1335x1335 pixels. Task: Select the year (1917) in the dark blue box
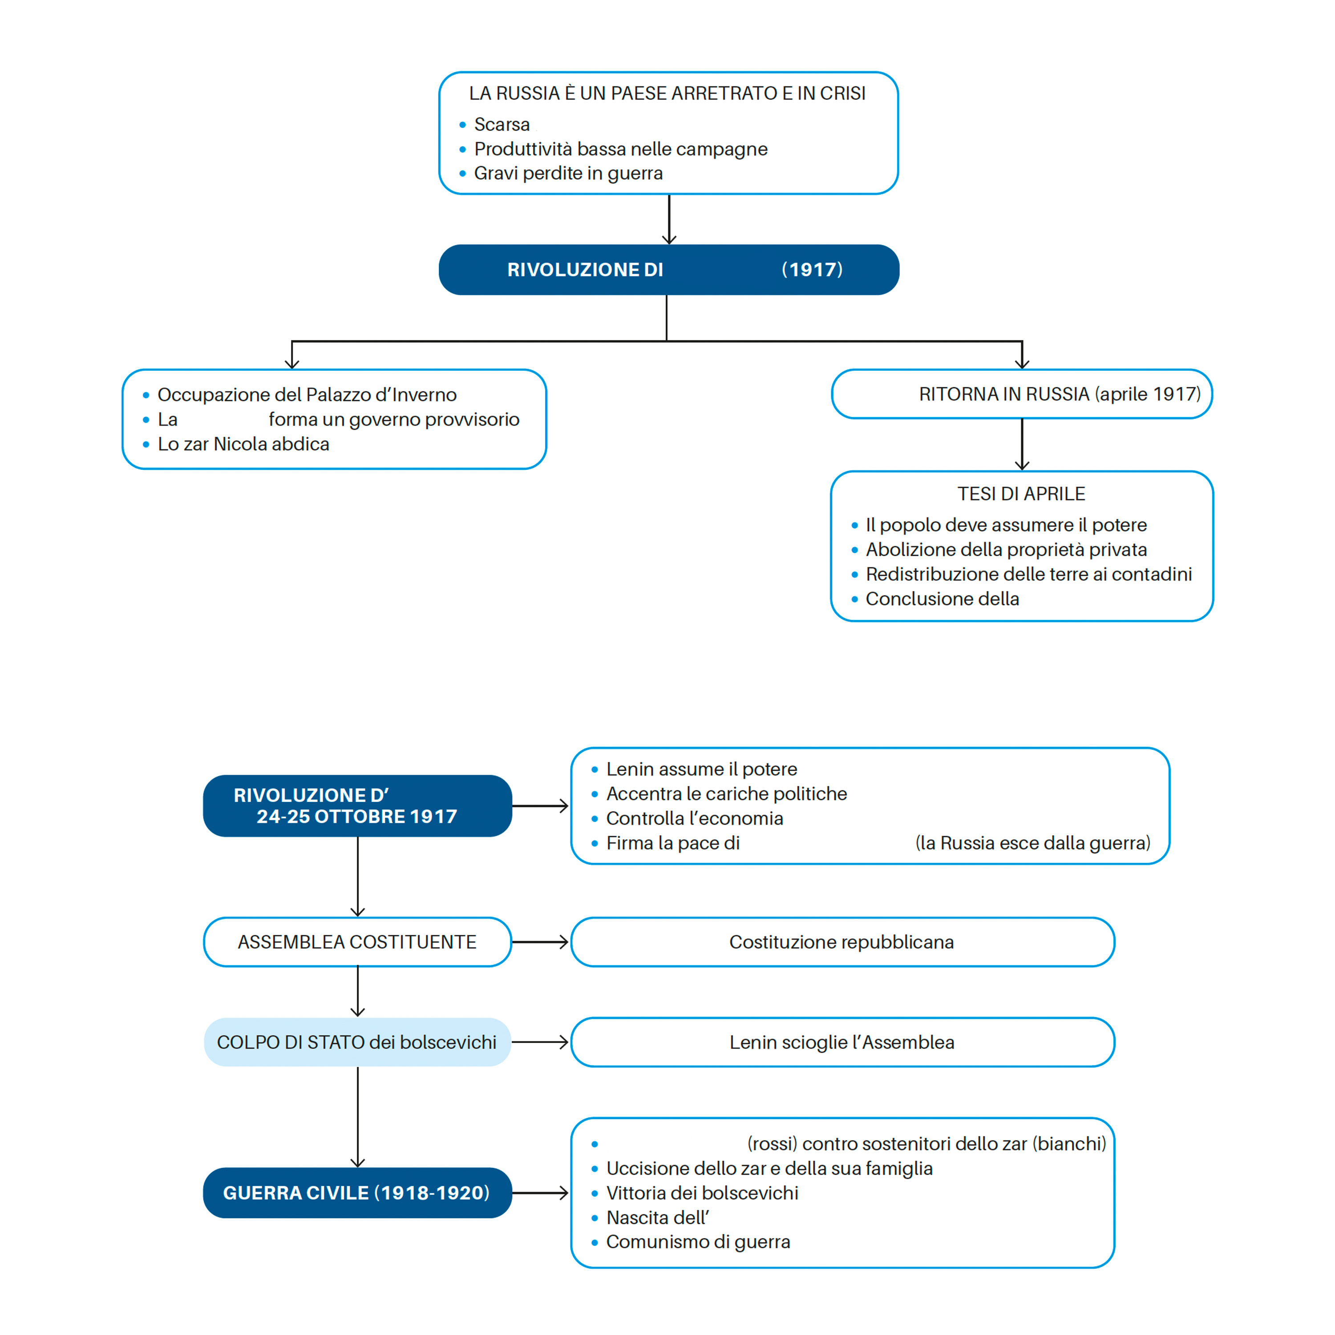pyautogui.click(x=812, y=270)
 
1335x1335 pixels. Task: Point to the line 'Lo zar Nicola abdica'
pyautogui.click(x=243, y=444)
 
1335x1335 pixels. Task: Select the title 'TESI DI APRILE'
pyautogui.click(x=1021, y=494)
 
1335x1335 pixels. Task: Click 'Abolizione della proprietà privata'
pyautogui.click(x=1006, y=549)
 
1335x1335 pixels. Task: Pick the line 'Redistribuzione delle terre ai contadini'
pyautogui.click(x=1029, y=574)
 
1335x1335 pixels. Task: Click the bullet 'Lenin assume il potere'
pyautogui.click(x=701, y=769)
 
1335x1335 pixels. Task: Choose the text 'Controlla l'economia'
pyautogui.click(x=695, y=818)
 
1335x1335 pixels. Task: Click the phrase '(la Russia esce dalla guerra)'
pyautogui.click(x=1032, y=843)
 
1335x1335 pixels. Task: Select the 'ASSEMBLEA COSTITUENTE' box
pyautogui.click(x=357, y=942)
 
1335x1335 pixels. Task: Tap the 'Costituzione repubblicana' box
pyautogui.click(x=842, y=942)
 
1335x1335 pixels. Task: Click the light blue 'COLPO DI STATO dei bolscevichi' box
pyautogui.click(x=357, y=1042)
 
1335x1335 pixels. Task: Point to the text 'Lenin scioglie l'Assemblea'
pyautogui.click(x=841, y=1042)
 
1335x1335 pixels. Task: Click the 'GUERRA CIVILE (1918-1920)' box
pyautogui.click(x=357, y=1193)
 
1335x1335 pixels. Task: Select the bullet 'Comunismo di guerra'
pyautogui.click(x=698, y=1242)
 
